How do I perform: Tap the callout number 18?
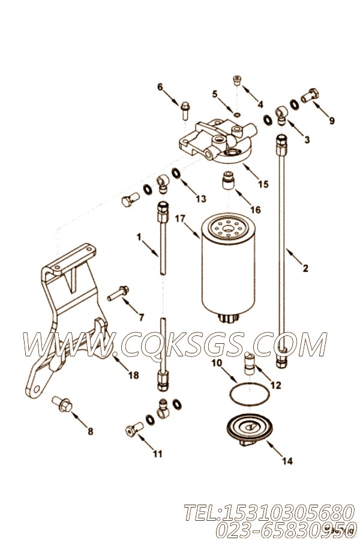[x=133, y=375]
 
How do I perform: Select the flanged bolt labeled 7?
[x=118, y=295]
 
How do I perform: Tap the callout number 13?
[x=200, y=199]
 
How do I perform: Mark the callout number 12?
[x=275, y=385]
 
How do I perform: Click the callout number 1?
[x=139, y=238]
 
